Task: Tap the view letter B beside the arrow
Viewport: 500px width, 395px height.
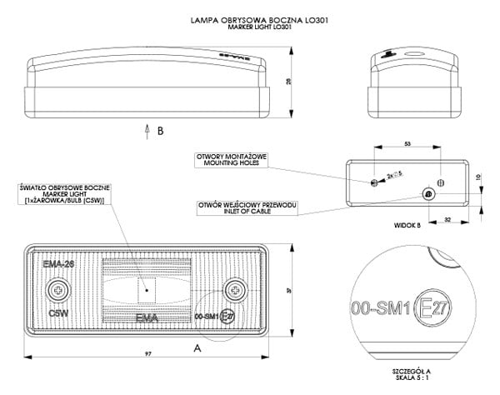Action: (x=161, y=131)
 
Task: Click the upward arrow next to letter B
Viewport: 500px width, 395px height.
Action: (x=147, y=130)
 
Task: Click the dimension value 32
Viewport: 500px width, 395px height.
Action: (x=448, y=220)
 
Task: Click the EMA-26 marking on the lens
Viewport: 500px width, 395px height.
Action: (x=58, y=263)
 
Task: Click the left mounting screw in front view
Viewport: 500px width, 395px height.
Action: (x=57, y=289)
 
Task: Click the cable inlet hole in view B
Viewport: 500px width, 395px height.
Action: (x=427, y=194)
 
